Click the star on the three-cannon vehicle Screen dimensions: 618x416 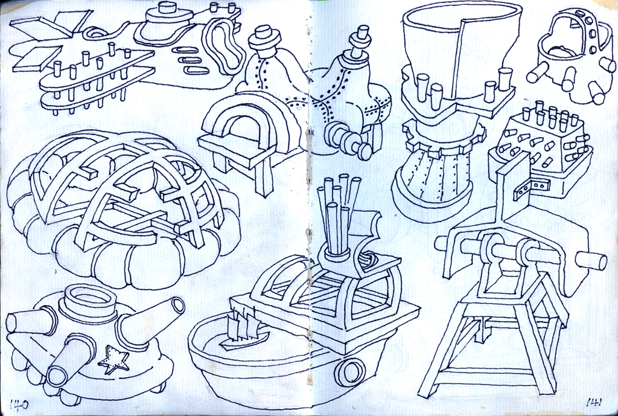click(x=113, y=360)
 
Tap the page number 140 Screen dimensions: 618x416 click(x=19, y=405)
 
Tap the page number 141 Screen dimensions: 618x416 click(x=594, y=403)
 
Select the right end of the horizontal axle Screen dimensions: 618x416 click(x=591, y=261)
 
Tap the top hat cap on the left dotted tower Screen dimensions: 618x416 click(x=264, y=38)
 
